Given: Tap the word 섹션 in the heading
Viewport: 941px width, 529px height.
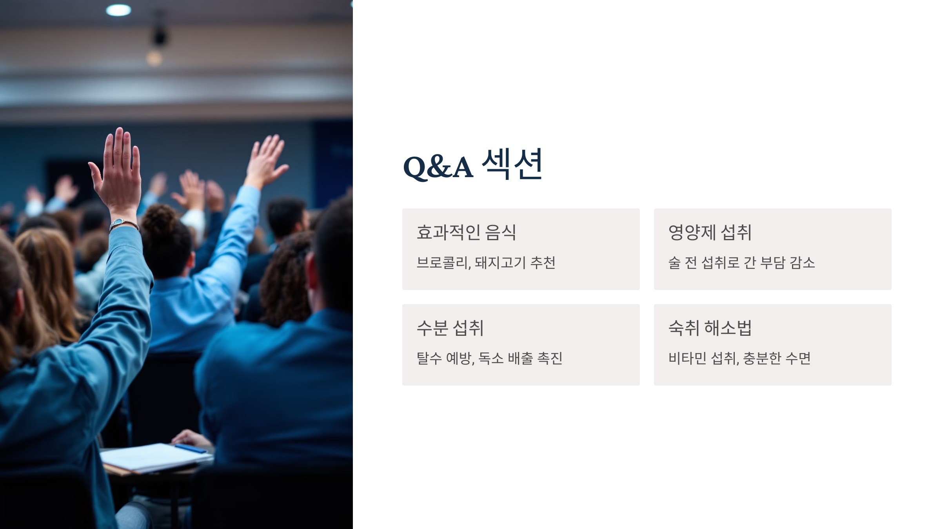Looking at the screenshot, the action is click(512, 164).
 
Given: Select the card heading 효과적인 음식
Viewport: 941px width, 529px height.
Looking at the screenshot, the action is click(466, 232).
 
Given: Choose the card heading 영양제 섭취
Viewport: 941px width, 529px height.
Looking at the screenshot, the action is click(710, 232).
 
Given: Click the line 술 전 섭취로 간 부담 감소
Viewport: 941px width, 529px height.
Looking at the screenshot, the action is click(741, 263).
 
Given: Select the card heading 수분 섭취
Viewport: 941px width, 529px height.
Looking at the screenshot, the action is click(450, 328).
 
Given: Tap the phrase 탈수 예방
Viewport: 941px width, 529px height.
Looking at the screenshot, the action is click(444, 358).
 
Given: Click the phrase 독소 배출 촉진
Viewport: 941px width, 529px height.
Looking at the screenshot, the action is click(521, 358).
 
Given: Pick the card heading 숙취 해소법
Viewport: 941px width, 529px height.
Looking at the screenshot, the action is click(710, 328).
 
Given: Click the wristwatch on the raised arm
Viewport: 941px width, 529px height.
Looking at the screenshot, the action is click(124, 225).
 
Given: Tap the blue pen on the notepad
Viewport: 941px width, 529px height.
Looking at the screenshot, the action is click(191, 448).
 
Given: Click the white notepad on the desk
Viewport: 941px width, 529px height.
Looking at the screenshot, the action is click(155, 458).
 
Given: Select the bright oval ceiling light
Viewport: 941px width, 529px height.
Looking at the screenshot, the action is click(118, 10).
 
